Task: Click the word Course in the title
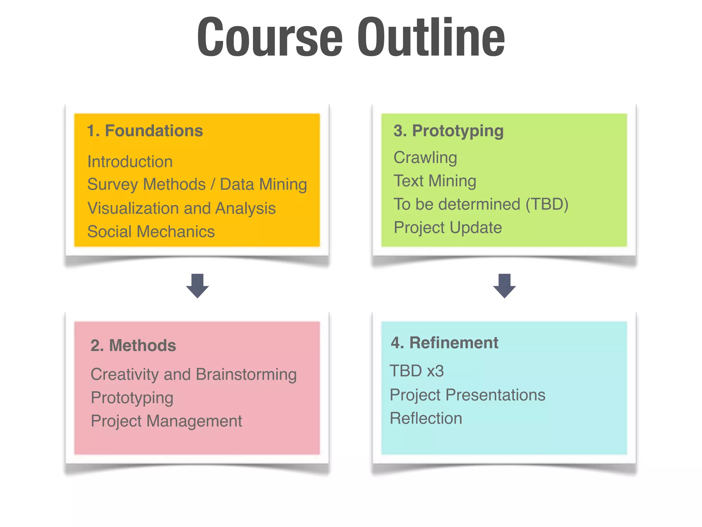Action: point(270,37)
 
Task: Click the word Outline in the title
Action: point(431,37)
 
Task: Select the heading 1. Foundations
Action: point(145,131)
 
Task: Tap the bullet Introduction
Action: point(130,162)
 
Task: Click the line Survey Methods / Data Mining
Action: point(197,185)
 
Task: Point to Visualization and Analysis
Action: point(181,208)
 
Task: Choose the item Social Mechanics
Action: point(151,232)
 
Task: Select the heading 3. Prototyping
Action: point(448,131)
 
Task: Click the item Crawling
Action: point(425,158)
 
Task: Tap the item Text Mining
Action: point(435,181)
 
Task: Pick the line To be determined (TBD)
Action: point(481,204)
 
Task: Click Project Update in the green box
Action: point(448,227)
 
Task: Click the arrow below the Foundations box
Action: point(197,285)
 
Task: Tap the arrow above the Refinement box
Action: point(504,285)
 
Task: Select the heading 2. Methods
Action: point(133,346)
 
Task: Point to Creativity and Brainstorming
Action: point(194,374)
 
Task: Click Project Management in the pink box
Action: point(166,421)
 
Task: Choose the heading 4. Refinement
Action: point(445,343)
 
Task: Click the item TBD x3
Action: point(417,371)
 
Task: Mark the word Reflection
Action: point(426,418)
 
